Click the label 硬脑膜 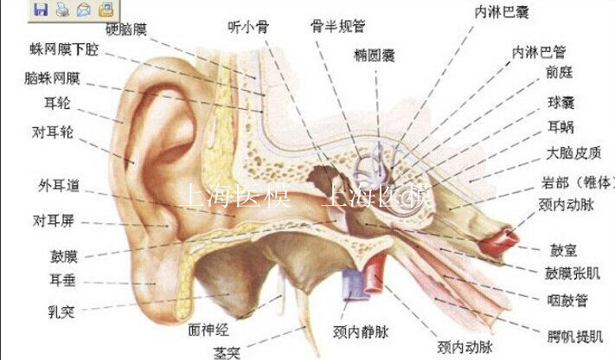pos(126,29)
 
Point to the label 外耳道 pos(58,185)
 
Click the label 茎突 pos(227,352)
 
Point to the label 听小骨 pos(248,27)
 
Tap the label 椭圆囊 pos(374,55)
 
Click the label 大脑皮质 pos(573,154)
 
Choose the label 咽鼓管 pos(568,300)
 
